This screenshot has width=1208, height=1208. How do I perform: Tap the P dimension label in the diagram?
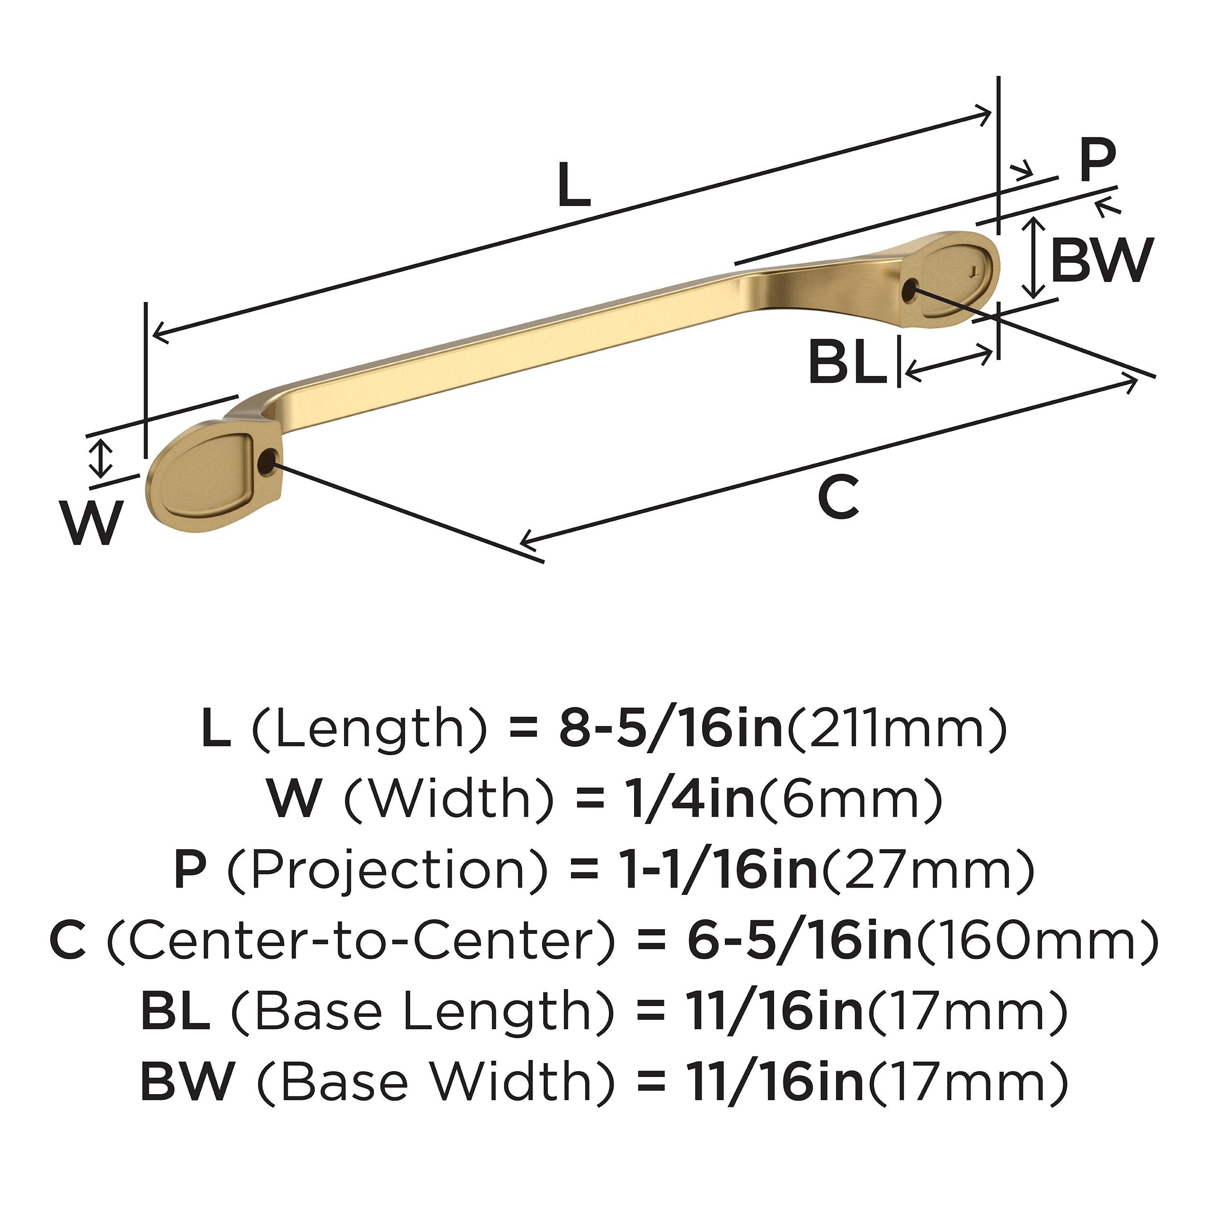(x=1098, y=159)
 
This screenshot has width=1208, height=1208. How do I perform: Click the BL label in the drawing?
(x=847, y=363)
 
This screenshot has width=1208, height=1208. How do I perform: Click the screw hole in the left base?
(x=268, y=463)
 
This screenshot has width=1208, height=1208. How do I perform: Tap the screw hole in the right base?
(x=910, y=289)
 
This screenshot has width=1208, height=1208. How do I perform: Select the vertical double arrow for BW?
(x=1036, y=258)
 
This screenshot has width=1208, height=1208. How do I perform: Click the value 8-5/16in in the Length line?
(x=671, y=729)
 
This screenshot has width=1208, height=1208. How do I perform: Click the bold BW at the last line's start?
(x=187, y=1083)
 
